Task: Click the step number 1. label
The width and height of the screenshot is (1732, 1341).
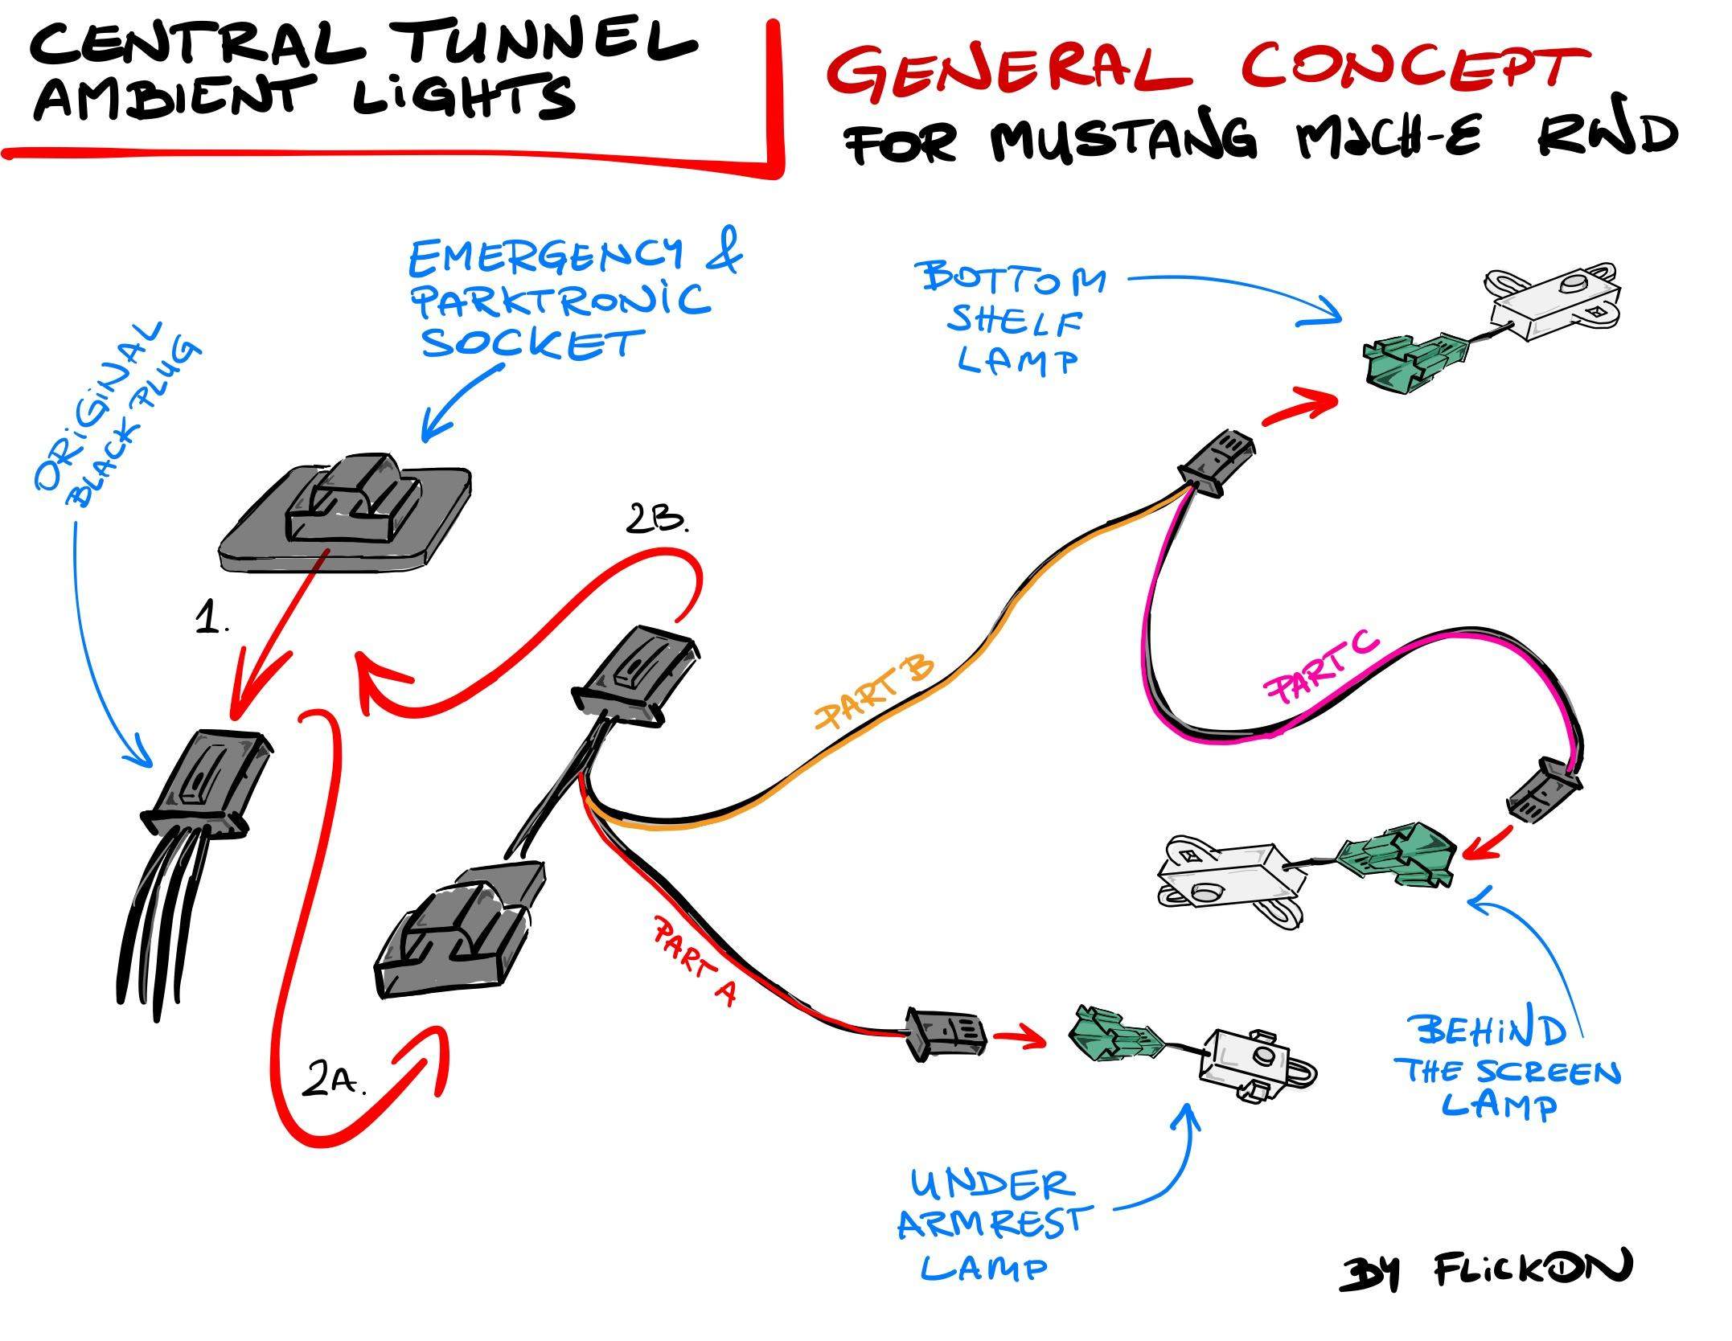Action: (212, 621)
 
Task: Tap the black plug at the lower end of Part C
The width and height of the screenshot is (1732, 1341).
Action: (1541, 791)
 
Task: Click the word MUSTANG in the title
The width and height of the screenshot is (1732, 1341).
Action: (1123, 138)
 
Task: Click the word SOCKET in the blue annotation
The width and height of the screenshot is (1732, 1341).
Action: (531, 343)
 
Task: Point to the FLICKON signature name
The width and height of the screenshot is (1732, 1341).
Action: (1533, 1271)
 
